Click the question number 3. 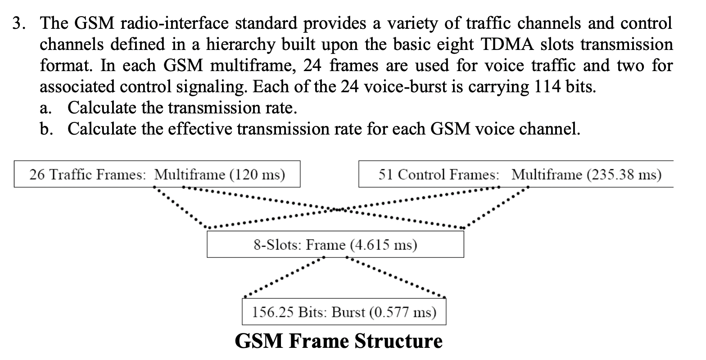coord(18,23)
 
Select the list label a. coord(45,108)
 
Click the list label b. coord(45,129)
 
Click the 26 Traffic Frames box coord(157,174)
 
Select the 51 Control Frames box coord(516,174)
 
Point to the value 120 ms coord(258,174)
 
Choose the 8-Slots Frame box coord(335,245)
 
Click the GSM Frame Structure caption coord(339,341)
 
